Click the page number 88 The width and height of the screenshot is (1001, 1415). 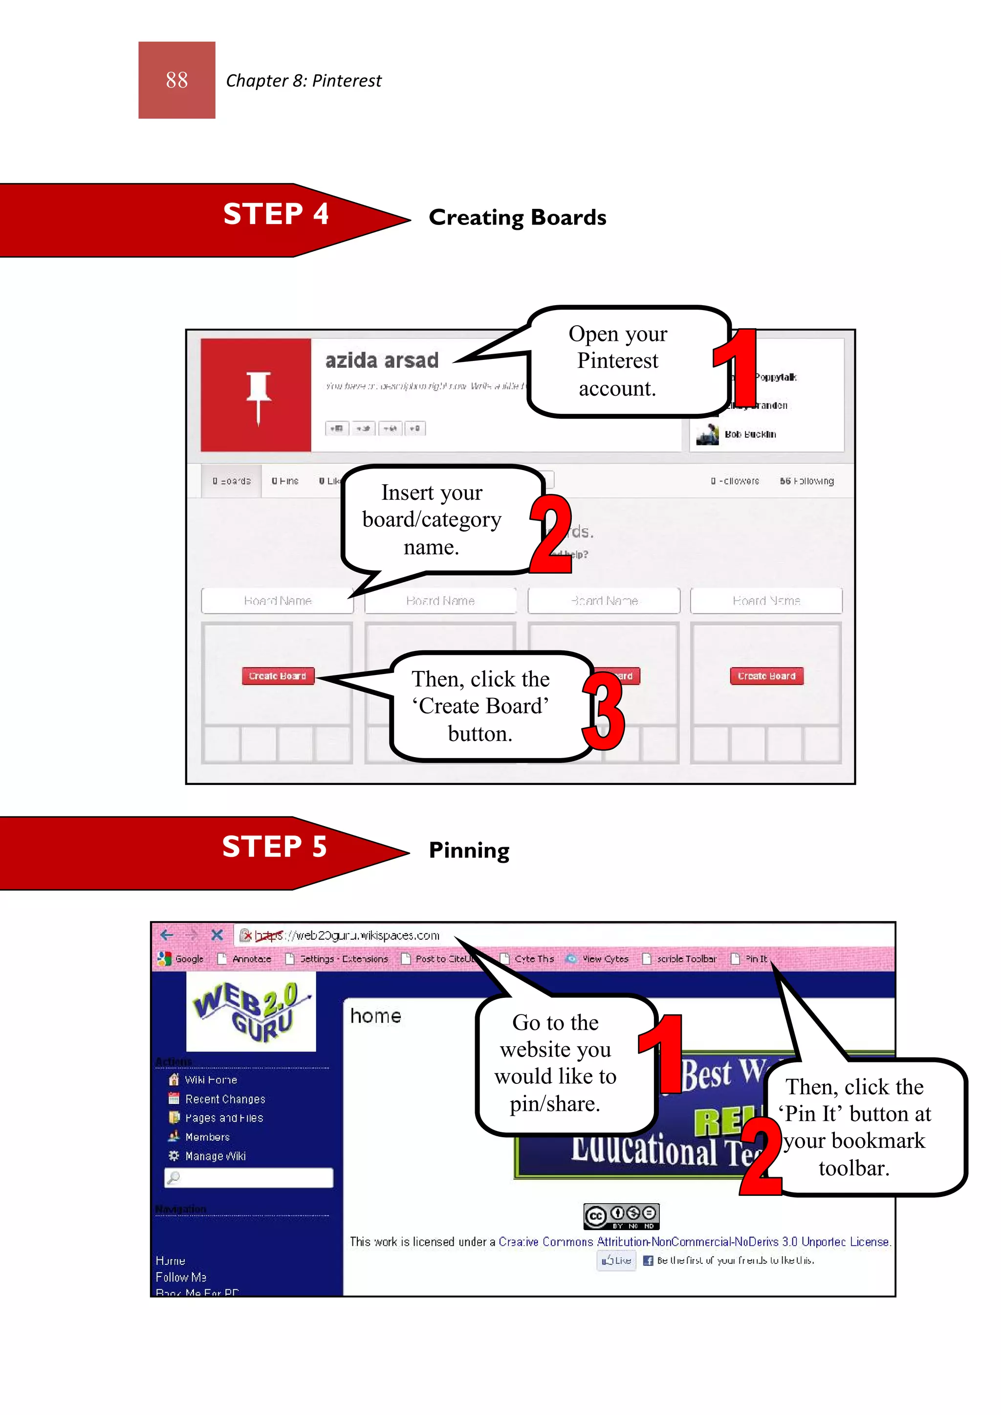coord(177,80)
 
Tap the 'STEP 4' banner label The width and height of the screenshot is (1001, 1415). coord(276,214)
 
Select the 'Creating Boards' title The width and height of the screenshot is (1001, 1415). coord(517,218)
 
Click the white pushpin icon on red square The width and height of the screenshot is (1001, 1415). coord(258,395)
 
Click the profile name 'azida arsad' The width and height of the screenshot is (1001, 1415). coord(382,360)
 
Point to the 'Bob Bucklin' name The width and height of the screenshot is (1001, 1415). coord(750,434)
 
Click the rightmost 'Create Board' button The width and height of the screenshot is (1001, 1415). coord(766,676)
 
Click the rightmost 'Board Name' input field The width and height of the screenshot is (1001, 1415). coord(766,601)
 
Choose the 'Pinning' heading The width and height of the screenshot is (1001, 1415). coord(469,851)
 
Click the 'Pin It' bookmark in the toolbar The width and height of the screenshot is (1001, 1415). coord(756,959)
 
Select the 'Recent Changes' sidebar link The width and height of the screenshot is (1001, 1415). coord(225,1099)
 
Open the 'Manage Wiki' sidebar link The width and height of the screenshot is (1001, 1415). coord(215,1156)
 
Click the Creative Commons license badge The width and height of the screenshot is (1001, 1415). coord(621,1216)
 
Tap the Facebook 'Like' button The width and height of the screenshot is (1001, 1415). coord(617,1260)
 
